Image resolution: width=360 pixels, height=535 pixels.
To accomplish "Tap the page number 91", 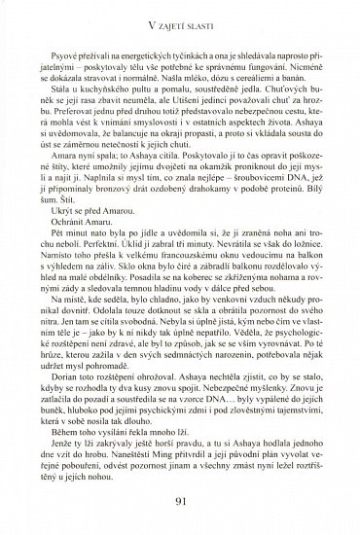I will click(x=179, y=503).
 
